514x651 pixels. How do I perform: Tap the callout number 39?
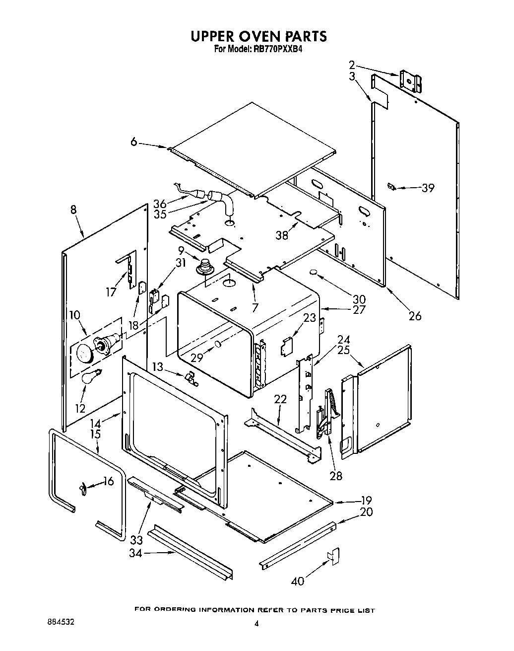(x=428, y=188)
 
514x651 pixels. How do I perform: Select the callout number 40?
(x=298, y=580)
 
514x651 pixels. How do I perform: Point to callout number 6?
(x=133, y=142)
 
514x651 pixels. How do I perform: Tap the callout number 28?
(x=336, y=476)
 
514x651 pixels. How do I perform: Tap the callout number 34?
(x=135, y=553)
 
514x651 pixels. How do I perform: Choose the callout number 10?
(x=74, y=315)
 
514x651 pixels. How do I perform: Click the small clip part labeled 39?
(x=391, y=187)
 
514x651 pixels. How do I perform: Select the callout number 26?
(x=415, y=316)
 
